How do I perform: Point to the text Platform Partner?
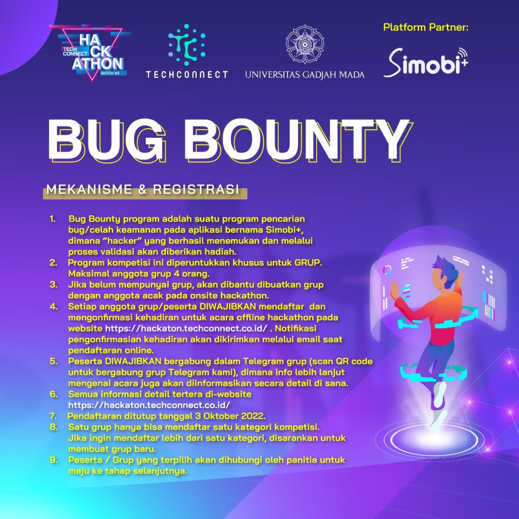[426, 27]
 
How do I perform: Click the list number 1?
[52, 219]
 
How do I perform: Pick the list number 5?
[53, 361]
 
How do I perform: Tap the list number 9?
[53, 460]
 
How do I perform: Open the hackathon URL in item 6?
[150, 405]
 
